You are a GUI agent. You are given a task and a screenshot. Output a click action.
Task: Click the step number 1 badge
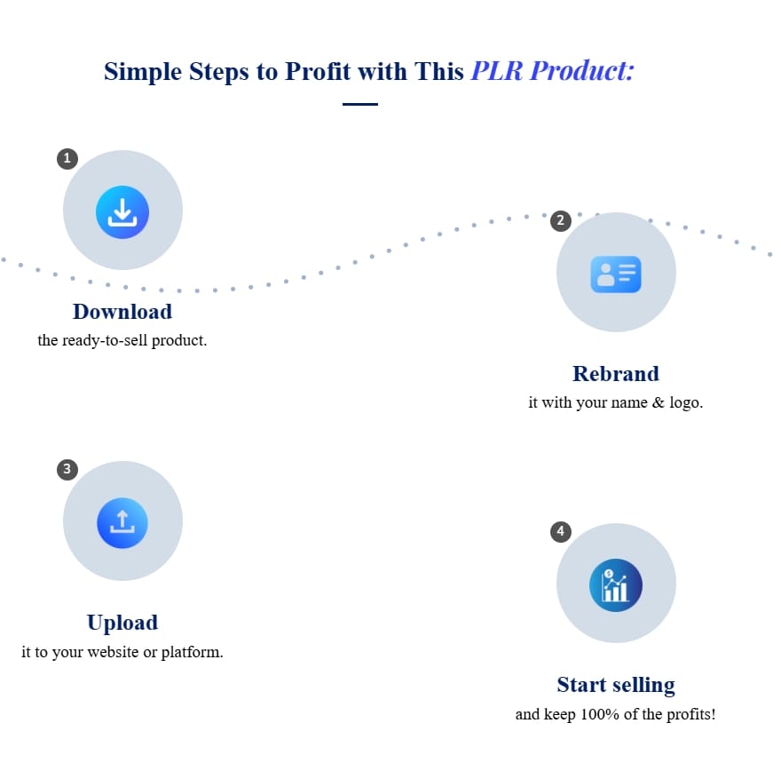pyautogui.click(x=67, y=159)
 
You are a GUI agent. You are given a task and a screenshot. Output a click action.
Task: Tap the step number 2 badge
pyautogui.click(x=560, y=221)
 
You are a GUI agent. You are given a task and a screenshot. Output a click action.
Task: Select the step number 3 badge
pyautogui.click(x=67, y=470)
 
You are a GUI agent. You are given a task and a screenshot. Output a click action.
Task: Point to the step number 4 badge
pyautogui.click(x=560, y=532)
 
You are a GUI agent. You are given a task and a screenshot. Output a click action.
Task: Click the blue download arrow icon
pyautogui.click(x=122, y=212)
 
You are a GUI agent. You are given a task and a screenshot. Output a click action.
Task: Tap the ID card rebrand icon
pyautogui.click(x=616, y=274)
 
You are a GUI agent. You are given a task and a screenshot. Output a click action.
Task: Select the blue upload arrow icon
pyautogui.click(x=122, y=523)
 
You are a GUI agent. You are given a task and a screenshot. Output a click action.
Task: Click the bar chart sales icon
pyautogui.click(x=616, y=585)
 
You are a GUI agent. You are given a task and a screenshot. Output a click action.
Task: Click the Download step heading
pyautogui.click(x=122, y=312)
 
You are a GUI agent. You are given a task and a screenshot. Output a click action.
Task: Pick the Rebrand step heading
pyautogui.click(x=616, y=374)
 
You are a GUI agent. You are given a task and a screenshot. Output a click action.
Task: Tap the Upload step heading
pyautogui.click(x=122, y=623)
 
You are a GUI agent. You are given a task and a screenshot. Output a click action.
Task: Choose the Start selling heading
pyautogui.click(x=616, y=685)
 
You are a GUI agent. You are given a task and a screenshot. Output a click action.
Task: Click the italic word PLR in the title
pyautogui.click(x=497, y=71)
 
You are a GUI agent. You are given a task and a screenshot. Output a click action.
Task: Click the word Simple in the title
pyautogui.click(x=143, y=72)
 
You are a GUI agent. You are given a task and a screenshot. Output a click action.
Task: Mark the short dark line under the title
pyautogui.click(x=360, y=104)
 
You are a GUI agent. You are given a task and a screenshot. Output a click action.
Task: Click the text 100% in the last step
pyautogui.click(x=600, y=714)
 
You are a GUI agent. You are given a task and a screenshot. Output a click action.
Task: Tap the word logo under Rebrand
pyautogui.click(x=686, y=402)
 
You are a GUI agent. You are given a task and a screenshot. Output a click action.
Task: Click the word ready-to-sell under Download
pyautogui.click(x=105, y=340)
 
